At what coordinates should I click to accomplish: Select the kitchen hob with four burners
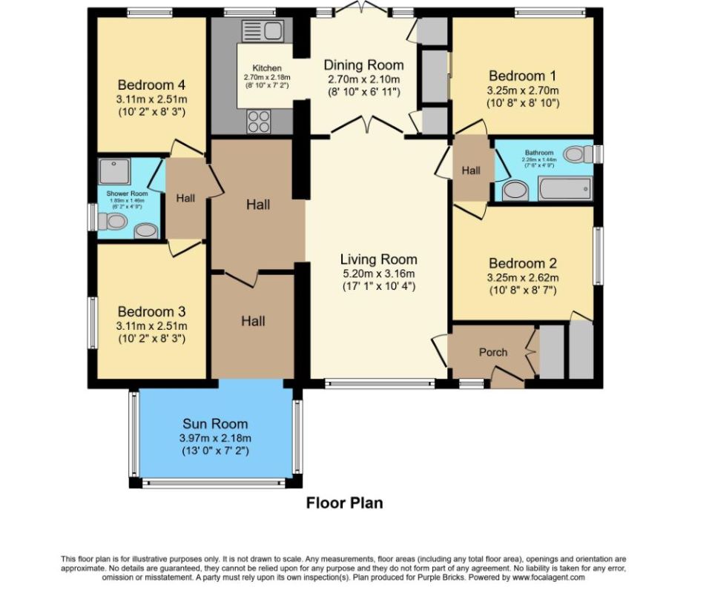(260, 120)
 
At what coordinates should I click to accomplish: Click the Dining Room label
(363, 65)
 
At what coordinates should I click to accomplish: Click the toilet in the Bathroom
(577, 154)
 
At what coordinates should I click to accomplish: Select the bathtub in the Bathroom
(565, 189)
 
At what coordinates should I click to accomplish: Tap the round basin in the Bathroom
(514, 191)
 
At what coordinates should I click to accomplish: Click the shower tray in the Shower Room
(114, 171)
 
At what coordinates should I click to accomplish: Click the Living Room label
(378, 259)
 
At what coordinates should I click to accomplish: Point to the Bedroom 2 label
(522, 263)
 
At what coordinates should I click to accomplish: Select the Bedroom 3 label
(151, 311)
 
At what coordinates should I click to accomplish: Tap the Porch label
(492, 352)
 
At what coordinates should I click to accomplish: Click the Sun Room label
(215, 424)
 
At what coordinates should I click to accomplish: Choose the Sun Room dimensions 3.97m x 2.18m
(215, 438)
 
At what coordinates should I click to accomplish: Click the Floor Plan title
(345, 503)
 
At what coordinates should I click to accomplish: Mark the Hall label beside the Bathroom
(471, 170)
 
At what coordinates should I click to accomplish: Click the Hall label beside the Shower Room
(185, 198)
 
